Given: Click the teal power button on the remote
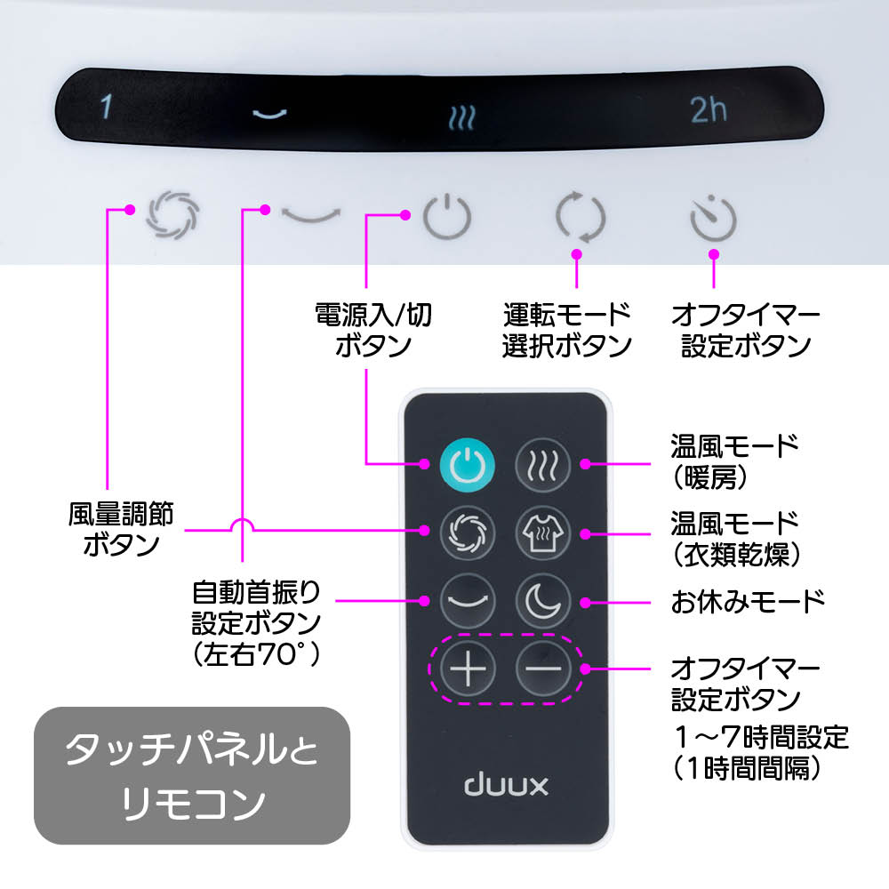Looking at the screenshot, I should pos(465,463).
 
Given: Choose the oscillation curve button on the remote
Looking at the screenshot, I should pos(467,601).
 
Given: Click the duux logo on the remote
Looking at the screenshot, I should pos(507,785).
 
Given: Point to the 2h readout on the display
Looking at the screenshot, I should pos(709,109).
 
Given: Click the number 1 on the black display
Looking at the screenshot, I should pos(106,108).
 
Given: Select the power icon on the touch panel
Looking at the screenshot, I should pos(445,216).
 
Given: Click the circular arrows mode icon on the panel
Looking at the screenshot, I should pos(580,217).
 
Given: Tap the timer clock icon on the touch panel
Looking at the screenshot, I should pos(713,219).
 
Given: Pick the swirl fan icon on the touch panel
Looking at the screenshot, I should pos(173,214).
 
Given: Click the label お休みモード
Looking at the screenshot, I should pos(748,601).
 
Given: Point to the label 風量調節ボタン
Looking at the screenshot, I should pos(122,528).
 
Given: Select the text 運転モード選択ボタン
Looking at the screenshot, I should pos(567,329).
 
